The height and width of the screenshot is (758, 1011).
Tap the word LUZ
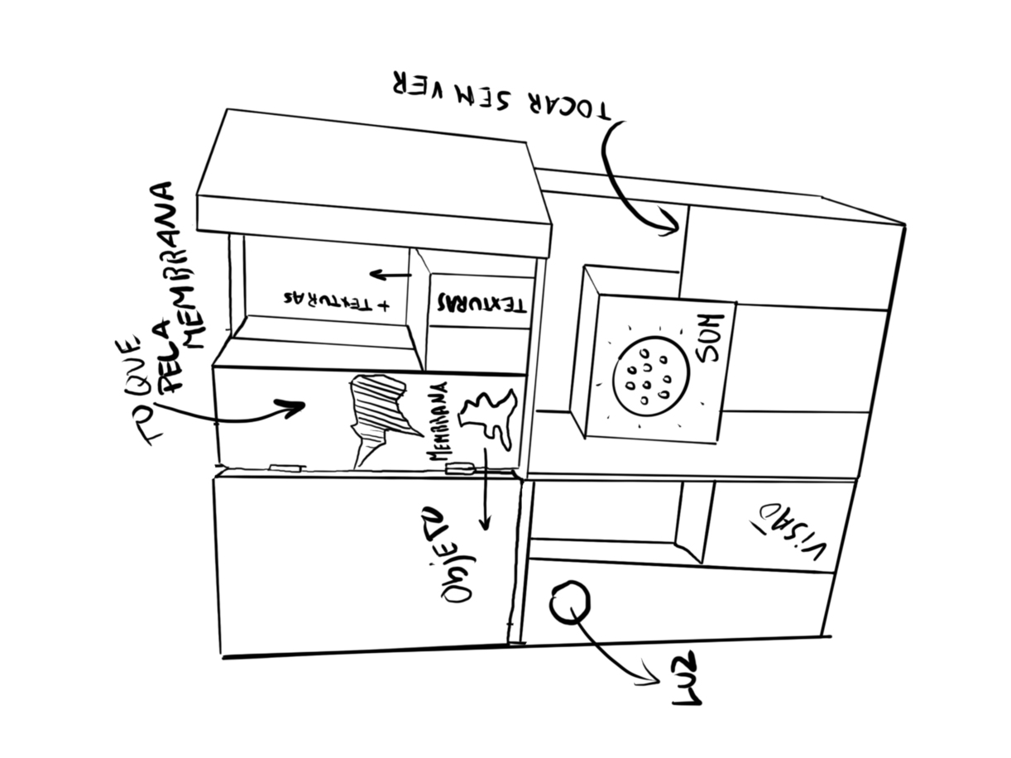click(x=686, y=679)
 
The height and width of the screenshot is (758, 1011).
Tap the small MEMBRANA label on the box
click(x=440, y=433)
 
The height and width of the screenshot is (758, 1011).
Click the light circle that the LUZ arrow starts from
click(x=569, y=601)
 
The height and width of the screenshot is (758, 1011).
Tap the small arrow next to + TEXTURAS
click(x=390, y=274)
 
